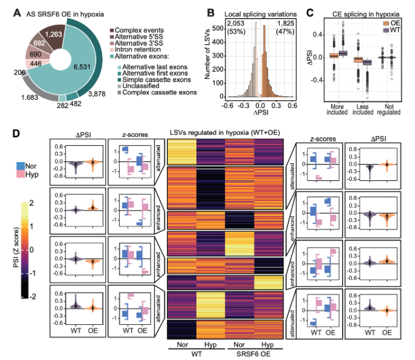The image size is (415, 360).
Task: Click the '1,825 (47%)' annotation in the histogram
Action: pos(289,27)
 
